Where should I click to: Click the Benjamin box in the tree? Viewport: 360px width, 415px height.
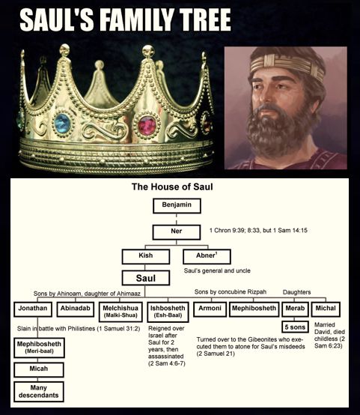click(x=177, y=206)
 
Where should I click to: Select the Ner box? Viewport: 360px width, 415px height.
click(x=177, y=232)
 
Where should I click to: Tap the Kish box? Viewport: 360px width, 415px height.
click(x=146, y=256)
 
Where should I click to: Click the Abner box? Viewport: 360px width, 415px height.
click(x=207, y=256)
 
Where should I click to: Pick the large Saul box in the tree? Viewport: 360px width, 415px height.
click(x=146, y=278)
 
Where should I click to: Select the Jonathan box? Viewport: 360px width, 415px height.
click(x=33, y=309)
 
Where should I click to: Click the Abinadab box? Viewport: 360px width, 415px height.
click(x=76, y=309)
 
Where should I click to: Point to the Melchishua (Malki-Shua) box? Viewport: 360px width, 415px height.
click(x=120, y=312)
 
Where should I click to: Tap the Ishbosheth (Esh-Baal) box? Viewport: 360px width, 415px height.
click(x=168, y=312)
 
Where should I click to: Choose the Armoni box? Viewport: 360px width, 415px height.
click(x=210, y=309)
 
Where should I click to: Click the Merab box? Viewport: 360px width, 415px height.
click(x=295, y=309)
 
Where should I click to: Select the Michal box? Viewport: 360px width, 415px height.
click(x=326, y=309)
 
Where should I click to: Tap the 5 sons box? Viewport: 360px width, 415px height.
click(x=295, y=327)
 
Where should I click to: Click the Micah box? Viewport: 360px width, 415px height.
click(x=39, y=370)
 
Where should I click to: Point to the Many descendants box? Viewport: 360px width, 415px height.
click(x=39, y=392)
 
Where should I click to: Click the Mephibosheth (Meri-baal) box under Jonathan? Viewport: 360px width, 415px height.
click(x=39, y=348)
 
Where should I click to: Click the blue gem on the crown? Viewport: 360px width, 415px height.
click(x=62, y=124)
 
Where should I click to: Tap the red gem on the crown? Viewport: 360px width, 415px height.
click(x=147, y=125)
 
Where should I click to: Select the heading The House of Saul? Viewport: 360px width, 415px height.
click(x=172, y=187)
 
